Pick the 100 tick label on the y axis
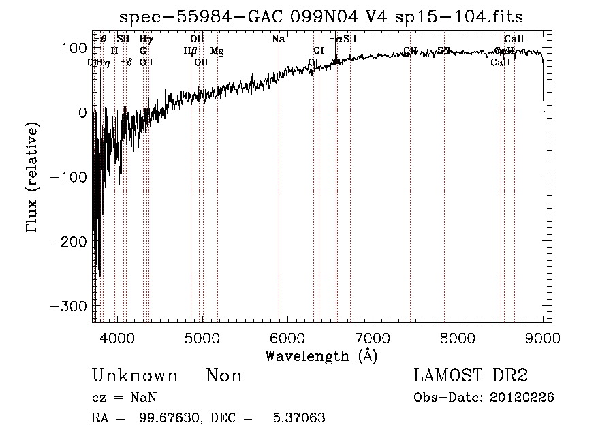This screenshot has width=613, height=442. click(x=74, y=48)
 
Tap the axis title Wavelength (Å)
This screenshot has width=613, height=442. click(x=321, y=356)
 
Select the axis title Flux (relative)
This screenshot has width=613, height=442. click(x=32, y=177)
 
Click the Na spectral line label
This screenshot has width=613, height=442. click(x=278, y=40)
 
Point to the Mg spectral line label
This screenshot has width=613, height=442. click(x=217, y=50)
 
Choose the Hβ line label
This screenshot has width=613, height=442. click(x=190, y=50)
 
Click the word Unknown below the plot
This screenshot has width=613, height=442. click(x=134, y=376)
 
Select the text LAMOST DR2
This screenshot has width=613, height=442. click(x=471, y=376)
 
